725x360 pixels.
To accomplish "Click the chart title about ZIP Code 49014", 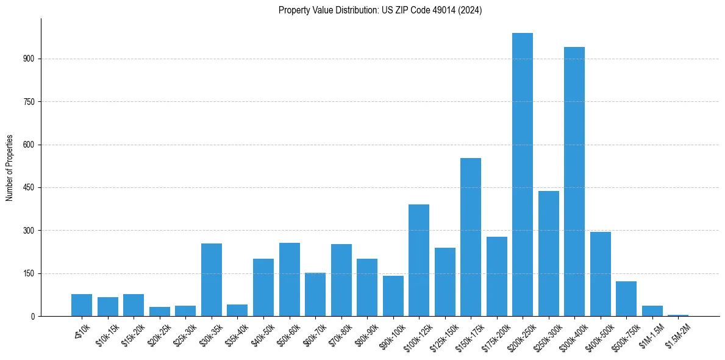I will click(380, 10).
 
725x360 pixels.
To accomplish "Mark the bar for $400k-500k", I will click(601, 274).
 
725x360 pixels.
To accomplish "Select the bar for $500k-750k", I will click(626, 298).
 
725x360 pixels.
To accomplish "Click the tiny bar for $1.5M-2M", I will click(678, 315).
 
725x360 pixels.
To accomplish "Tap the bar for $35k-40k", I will click(237, 310).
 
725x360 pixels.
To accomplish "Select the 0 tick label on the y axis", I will click(34, 317).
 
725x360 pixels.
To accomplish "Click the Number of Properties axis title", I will click(9, 167).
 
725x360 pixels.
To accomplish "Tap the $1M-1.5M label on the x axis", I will click(651, 334).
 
